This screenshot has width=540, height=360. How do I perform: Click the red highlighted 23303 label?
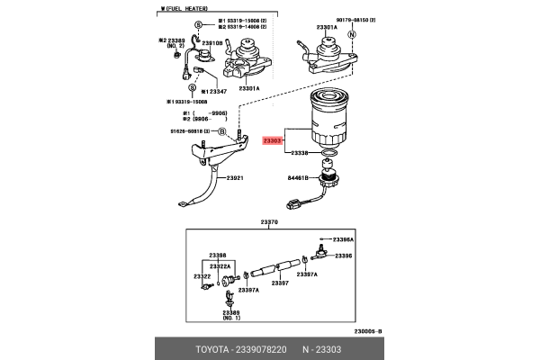pos(273,140)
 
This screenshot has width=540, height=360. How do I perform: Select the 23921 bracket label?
pos(236,178)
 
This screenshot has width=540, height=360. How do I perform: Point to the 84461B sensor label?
pos(299,178)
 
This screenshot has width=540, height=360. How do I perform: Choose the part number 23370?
pos(269,222)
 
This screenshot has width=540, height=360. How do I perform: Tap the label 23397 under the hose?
pos(279,283)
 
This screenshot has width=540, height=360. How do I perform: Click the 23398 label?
pos(219,255)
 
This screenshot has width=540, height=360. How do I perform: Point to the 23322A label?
pos(220,267)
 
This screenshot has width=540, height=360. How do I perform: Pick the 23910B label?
pos(211,42)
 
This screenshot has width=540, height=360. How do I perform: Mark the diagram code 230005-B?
pos(366,331)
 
